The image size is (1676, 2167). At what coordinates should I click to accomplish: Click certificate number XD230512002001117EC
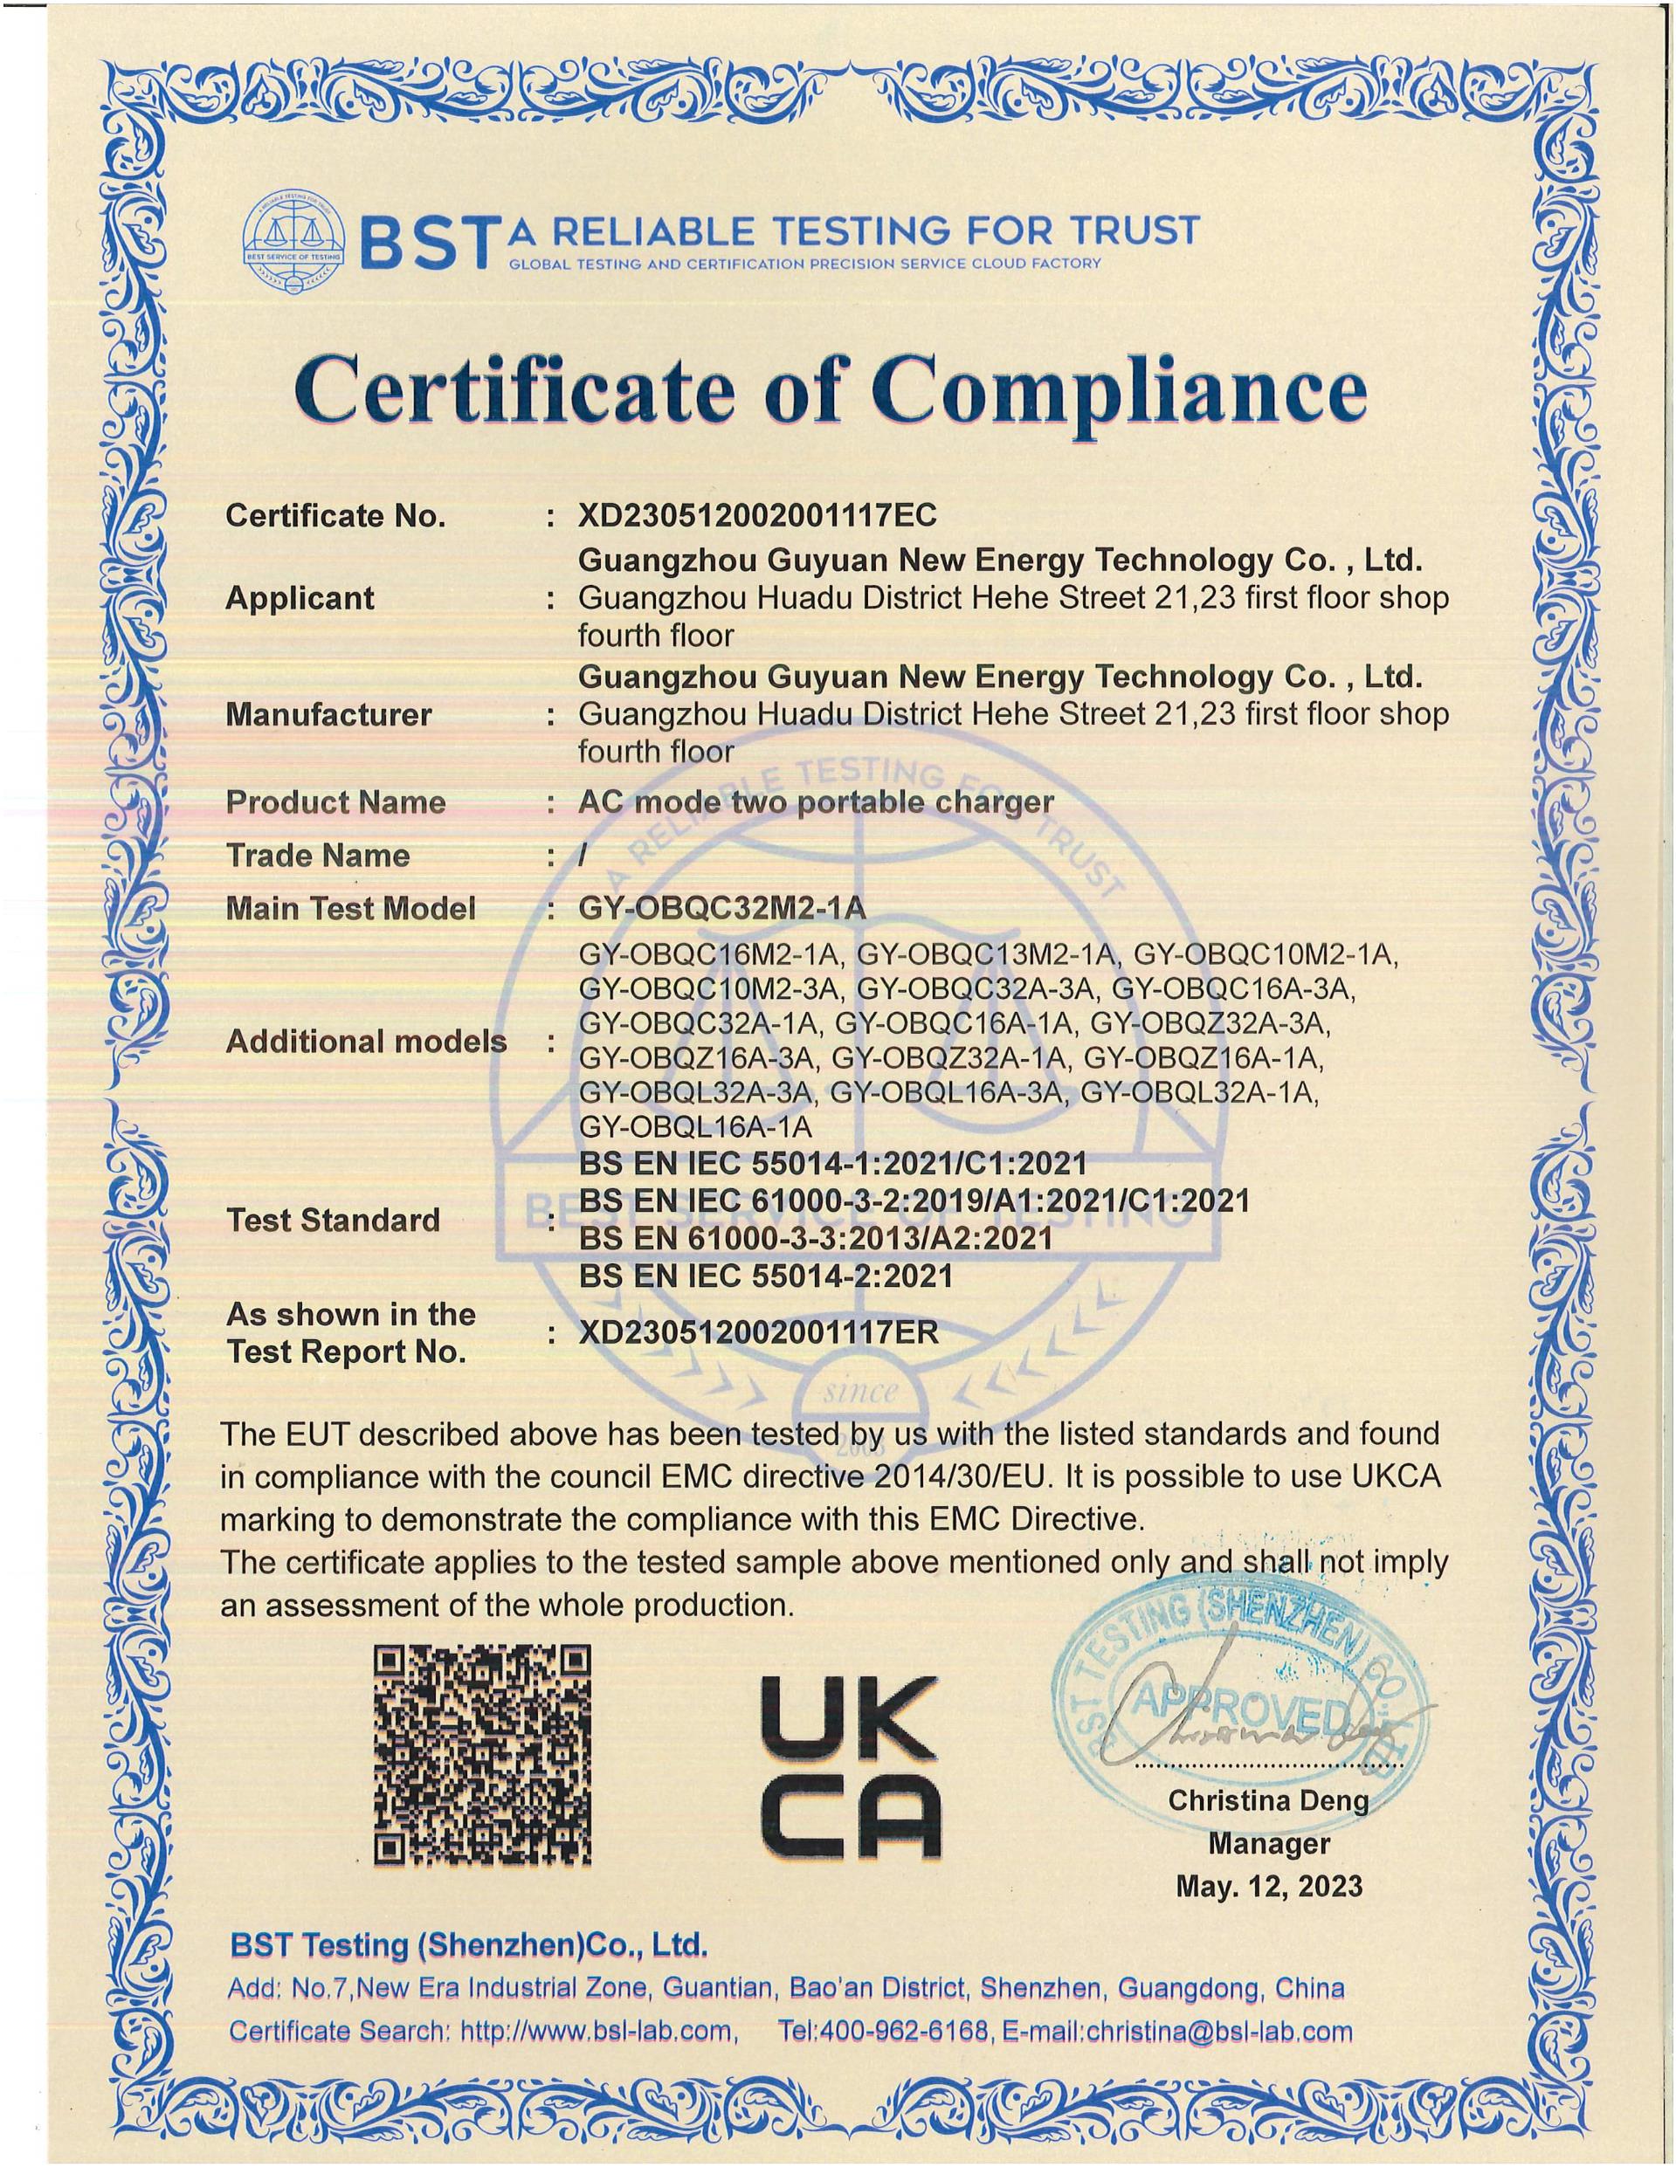coord(757,516)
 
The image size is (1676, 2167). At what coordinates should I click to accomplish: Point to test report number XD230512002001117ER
coord(758,1332)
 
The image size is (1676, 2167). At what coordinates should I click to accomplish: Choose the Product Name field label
coord(335,801)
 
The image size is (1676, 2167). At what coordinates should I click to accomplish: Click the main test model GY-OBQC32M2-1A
coord(722,909)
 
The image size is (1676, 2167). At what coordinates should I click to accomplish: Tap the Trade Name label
coord(318,856)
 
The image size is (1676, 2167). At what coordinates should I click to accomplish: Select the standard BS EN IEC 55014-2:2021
coord(765,1275)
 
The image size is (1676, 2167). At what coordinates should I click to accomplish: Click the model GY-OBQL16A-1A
coord(694,1127)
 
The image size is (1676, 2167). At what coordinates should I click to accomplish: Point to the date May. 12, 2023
coord(1269,1885)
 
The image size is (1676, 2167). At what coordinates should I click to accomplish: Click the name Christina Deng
coord(1268,1800)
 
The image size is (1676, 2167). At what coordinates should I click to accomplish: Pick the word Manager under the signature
coord(1268,1844)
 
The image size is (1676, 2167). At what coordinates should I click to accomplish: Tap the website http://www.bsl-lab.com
coord(599,2031)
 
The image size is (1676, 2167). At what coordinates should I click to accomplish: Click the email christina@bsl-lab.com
coord(1219,2031)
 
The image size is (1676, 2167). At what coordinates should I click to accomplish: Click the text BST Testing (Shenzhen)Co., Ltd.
coord(468,1944)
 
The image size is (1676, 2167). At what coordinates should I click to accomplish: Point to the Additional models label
coord(366,1041)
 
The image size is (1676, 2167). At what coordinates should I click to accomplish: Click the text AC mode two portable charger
coord(815,801)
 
